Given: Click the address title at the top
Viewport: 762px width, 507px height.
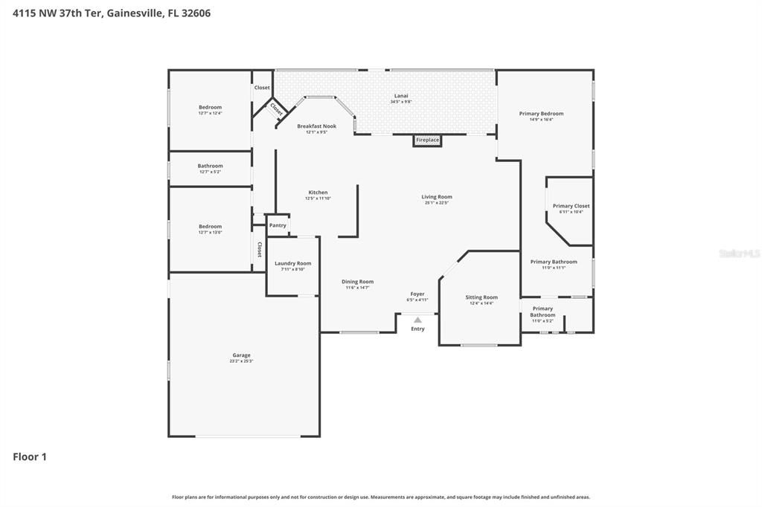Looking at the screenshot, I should click(x=112, y=13).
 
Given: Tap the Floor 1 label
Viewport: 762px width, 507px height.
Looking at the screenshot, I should click(x=30, y=456).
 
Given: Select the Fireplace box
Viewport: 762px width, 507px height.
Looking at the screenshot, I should click(x=427, y=140).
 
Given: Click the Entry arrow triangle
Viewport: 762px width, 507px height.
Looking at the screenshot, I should click(x=417, y=320).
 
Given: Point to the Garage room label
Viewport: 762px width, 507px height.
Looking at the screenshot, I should click(x=241, y=355).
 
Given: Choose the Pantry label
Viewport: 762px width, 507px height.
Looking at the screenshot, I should click(x=278, y=225).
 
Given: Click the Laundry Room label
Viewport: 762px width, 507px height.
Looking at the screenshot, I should click(x=292, y=263).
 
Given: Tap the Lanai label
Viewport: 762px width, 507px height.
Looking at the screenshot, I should click(x=401, y=95).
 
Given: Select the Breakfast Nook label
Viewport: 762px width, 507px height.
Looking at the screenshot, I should click(x=316, y=126).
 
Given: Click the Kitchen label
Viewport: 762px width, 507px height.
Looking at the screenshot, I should click(x=318, y=193).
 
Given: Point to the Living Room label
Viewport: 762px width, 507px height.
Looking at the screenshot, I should click(x=438, y=197).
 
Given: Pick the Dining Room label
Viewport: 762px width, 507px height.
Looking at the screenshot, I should click(x=357, y=282).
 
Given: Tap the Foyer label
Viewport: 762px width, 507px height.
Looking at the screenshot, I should click(x=417, y=294).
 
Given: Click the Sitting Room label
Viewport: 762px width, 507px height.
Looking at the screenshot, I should click(x=481, y=297).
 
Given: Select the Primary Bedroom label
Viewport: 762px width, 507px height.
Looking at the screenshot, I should click(x=541, y=114).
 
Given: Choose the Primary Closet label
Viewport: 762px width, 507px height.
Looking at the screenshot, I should click(x=571, y=206).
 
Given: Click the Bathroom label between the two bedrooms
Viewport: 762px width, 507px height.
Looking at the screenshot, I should click(x=211, y=166).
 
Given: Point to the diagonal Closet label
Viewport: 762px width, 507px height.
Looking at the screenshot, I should click(x=276, y=109).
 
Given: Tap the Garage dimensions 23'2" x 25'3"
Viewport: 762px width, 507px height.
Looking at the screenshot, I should click(x=241, y=361).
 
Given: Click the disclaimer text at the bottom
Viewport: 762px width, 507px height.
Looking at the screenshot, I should click(x=381, y=497).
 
